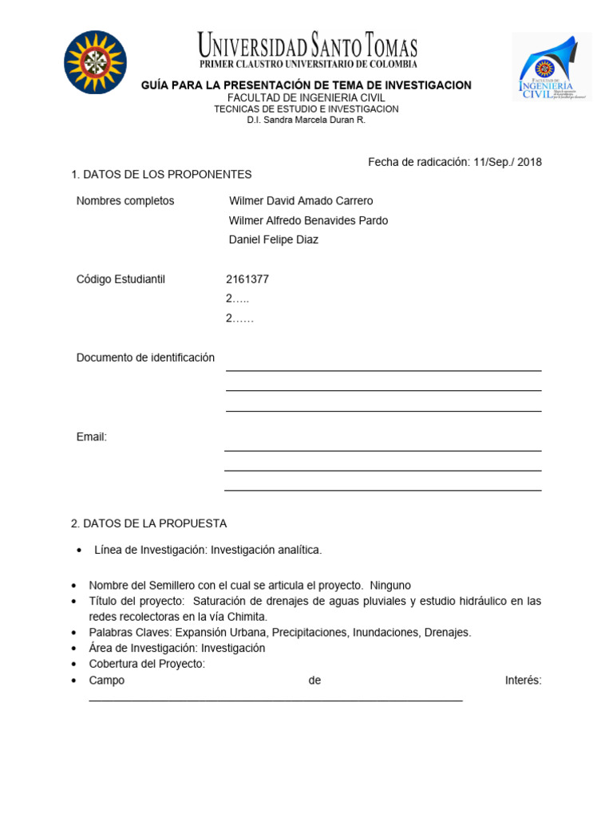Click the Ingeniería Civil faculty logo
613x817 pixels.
click(551, 67)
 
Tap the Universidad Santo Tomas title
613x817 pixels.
click(307, 45)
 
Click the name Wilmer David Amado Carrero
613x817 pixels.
click(301, 201)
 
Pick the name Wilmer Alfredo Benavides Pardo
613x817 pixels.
click(308, 220)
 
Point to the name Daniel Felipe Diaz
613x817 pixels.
click(273, 239)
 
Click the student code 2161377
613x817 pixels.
click(247, 279)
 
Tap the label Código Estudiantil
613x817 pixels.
click(121, 279)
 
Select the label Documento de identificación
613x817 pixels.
click(145, 357)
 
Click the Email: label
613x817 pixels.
click(92, 437)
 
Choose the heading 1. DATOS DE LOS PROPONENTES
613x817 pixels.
click(161, 174)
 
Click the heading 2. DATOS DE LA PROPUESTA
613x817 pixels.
click(149, 523)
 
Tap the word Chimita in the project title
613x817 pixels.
click(247, 617)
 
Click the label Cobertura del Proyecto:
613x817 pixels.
click(147, 664)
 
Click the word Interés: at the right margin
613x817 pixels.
click(523, 680)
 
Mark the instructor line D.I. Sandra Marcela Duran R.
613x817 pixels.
click(306, 120)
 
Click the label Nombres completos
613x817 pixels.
click(125, 201)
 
